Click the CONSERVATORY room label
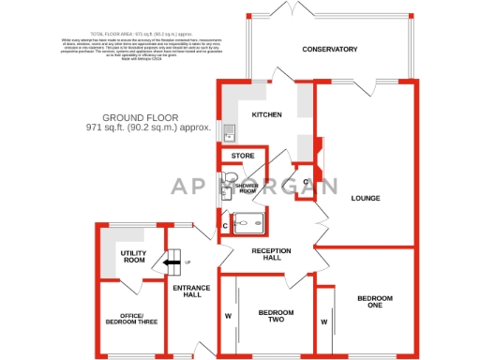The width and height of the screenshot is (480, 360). [329, 49]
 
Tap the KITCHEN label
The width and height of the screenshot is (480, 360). [267, 115]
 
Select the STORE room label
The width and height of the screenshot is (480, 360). [243, 156]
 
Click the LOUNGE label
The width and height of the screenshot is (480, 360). [365, 199]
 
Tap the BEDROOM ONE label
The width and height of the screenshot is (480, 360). [374, 302]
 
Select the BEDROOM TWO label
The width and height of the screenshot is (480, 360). [277, 317]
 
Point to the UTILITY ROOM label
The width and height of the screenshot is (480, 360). [133, 256]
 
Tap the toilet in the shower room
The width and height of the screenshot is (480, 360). [231, 177]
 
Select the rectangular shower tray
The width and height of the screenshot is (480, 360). [251, 223]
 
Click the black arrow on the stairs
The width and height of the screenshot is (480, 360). [172, 263]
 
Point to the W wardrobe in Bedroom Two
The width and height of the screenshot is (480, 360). [228, 316]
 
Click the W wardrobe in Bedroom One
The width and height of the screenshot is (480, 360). [324, 322]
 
